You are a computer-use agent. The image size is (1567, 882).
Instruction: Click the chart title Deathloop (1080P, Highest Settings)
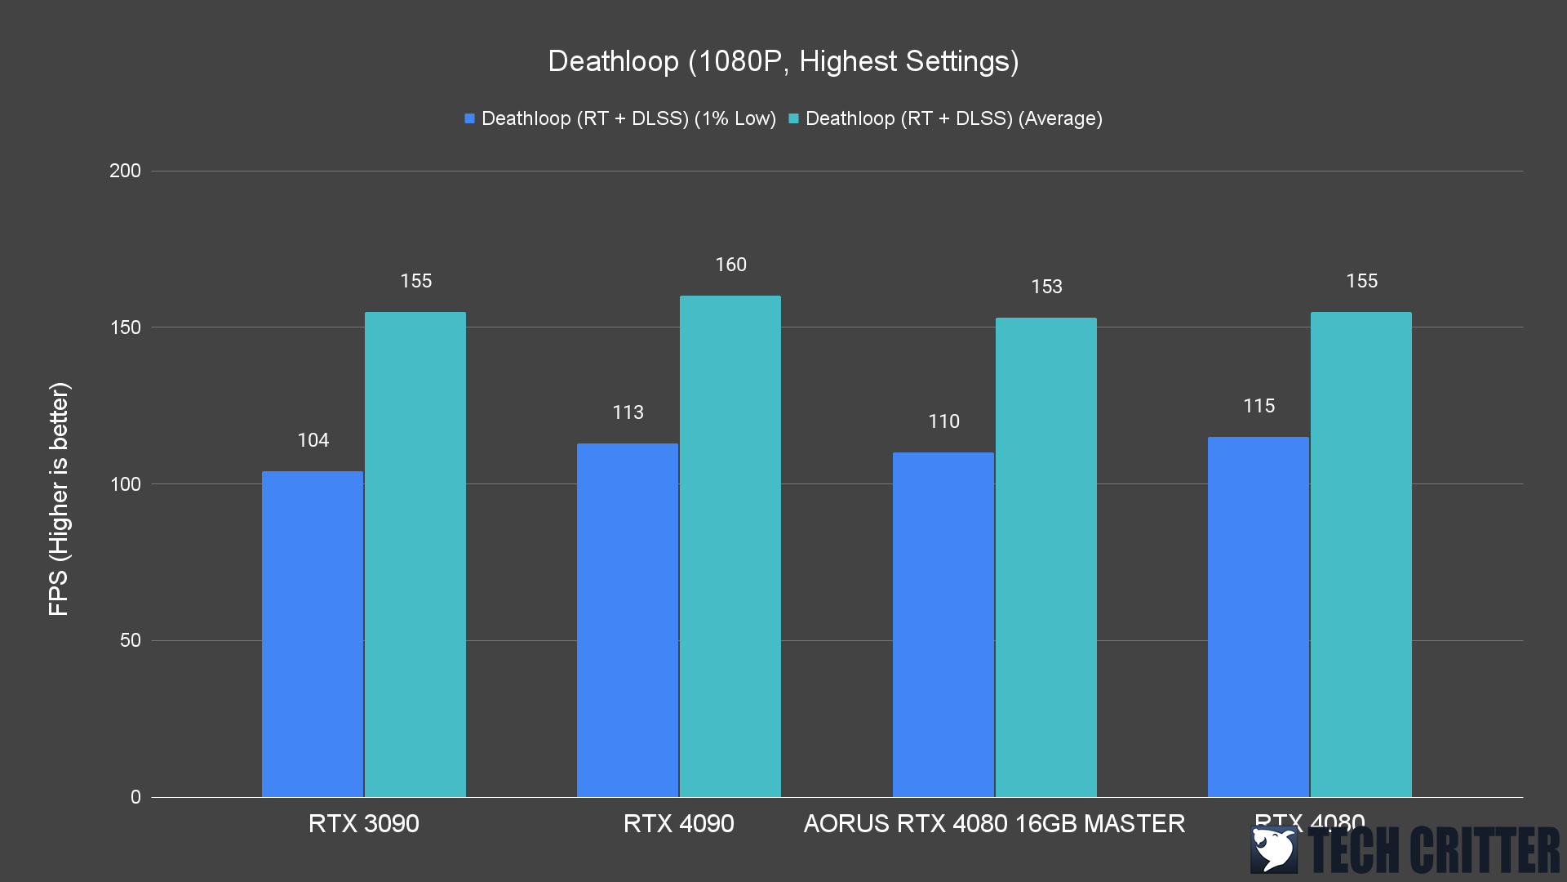pyautogui.click(x=783, y=61)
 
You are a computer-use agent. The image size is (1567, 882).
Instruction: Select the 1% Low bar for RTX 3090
pyautogui.click(x=313, y=634)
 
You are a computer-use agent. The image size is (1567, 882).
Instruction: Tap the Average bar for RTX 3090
pyautogui.click(x=415, y=555)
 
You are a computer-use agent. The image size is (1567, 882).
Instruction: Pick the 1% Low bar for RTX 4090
pyautogui.click(x=628, y=620)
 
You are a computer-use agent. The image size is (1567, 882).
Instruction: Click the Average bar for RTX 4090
pyautogui.click(x=730, y=546)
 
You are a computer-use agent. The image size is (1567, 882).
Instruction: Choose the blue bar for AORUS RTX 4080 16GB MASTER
pyautogui.click(x=943, y=625)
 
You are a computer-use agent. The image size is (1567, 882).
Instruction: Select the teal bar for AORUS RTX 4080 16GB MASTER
pyautogui.click(x=1046, y=557)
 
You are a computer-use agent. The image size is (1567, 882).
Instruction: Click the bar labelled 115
pyautogui.click(x=1258, y=617)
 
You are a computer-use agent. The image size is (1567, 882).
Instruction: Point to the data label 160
pyautogui.click(x=730, y=265)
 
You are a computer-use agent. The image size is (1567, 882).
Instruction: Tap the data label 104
pyautogui.click(x=313, y=440)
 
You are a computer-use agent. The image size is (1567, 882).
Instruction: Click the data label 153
pyautogui.click(x=1046, y=287)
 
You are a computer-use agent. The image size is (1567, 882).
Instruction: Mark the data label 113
pyautogui.click(x=628, y=412)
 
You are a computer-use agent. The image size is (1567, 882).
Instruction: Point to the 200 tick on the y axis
pyautogui.click(x=125, y=171)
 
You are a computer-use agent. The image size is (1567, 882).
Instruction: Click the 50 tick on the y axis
pyautogui.click(x=131, y=640)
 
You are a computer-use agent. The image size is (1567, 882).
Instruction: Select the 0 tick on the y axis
pyautogui.click(x=135, y=797)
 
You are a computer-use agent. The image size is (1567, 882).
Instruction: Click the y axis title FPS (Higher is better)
pyautogui.click(x=59, y=498)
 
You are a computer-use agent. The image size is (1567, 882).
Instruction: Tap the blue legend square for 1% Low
pyautogui.click(x=469, y=118)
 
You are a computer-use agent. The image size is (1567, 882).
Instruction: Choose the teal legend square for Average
pyautogui.click(x=793, y=118)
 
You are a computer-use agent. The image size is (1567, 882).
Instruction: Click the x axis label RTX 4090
pyautogui.click(x=678, y=823)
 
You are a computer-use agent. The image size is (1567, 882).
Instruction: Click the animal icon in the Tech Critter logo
pyautogui.click(x=1274, y=849)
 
